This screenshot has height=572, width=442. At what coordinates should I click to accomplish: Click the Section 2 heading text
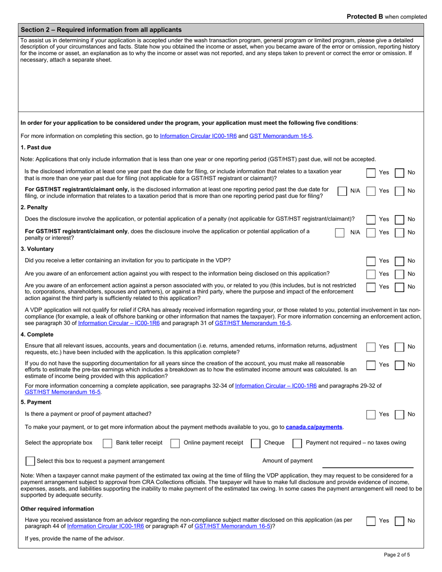pos(101,30)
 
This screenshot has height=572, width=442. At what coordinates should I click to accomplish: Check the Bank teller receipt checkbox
pos(107,443)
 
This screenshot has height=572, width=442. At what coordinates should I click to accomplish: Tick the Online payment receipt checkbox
pos(175,443)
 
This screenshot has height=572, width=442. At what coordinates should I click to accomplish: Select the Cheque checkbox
pos(255,443)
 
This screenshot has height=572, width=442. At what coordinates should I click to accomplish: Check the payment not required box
pos(297,443)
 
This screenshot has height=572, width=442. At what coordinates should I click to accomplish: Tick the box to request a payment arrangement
pos(30,461)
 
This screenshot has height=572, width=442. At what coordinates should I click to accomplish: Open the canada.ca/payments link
pos(314,427)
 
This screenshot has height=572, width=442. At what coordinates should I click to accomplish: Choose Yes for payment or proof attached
pos(371,414)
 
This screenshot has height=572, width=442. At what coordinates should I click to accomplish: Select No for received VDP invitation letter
pos(399,261)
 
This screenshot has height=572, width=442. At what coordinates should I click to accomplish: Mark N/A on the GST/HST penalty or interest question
pos(340,233)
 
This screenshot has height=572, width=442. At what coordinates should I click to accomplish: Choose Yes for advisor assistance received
pos(371,521)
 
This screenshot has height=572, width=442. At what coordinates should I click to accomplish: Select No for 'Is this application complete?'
pos(399,347)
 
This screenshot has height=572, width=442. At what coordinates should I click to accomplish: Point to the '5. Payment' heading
pos(36,402)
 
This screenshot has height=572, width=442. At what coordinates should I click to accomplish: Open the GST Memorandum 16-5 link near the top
pos(281,136)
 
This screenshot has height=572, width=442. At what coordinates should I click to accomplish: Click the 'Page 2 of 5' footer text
pos(397,554)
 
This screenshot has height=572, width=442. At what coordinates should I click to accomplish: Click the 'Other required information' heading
pos(57,509)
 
